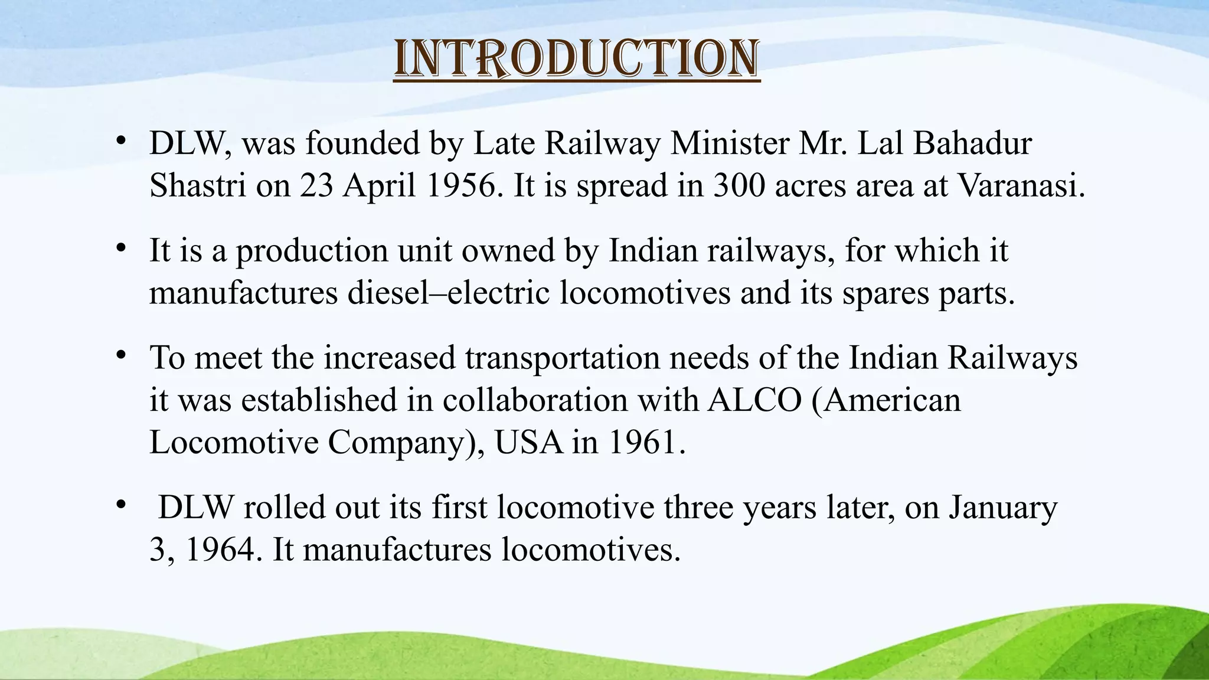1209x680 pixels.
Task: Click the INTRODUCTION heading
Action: click(x=576, y=59)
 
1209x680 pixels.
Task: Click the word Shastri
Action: click(x=197, y=186)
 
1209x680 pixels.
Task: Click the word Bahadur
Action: click(x=972, y=143)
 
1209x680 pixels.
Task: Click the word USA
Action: click(x=528, y=443)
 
